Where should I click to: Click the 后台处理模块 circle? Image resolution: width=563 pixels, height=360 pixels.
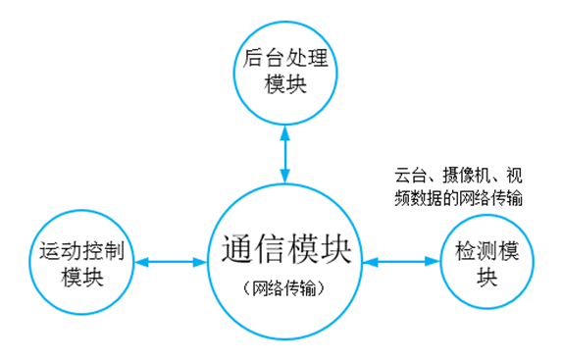point(285,71)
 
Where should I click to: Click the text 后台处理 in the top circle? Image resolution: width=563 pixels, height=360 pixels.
point(285,59)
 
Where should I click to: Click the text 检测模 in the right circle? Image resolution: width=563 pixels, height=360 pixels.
point(487,251)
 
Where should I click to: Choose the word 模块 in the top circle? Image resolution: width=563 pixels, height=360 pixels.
point(285,84)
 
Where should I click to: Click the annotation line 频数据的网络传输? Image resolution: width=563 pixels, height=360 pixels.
point(457,198)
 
